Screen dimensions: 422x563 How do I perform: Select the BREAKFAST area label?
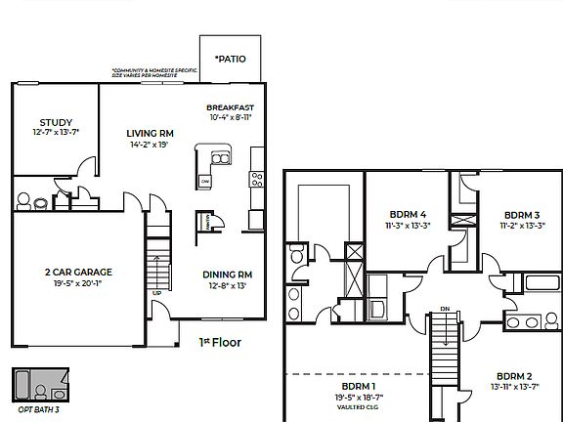click(x=230, y=106)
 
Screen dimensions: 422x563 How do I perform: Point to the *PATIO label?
click(x=230, y=59)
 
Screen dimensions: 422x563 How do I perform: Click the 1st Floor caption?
click(x=220, y=343)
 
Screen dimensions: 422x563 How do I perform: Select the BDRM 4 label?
click(x=409, y=214)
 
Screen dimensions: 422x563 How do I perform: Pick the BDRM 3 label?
click(x=522, y=215)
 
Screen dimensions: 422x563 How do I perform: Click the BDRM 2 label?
click(x=513, y=376)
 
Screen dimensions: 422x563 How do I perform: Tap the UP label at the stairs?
click(x=156, y=292)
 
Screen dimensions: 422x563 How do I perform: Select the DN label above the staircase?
click(x=444, y=309)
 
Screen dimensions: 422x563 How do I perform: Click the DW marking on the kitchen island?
click(x=205, y=181)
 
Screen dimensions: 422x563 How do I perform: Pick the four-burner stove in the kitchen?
click(x=256, y=178)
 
